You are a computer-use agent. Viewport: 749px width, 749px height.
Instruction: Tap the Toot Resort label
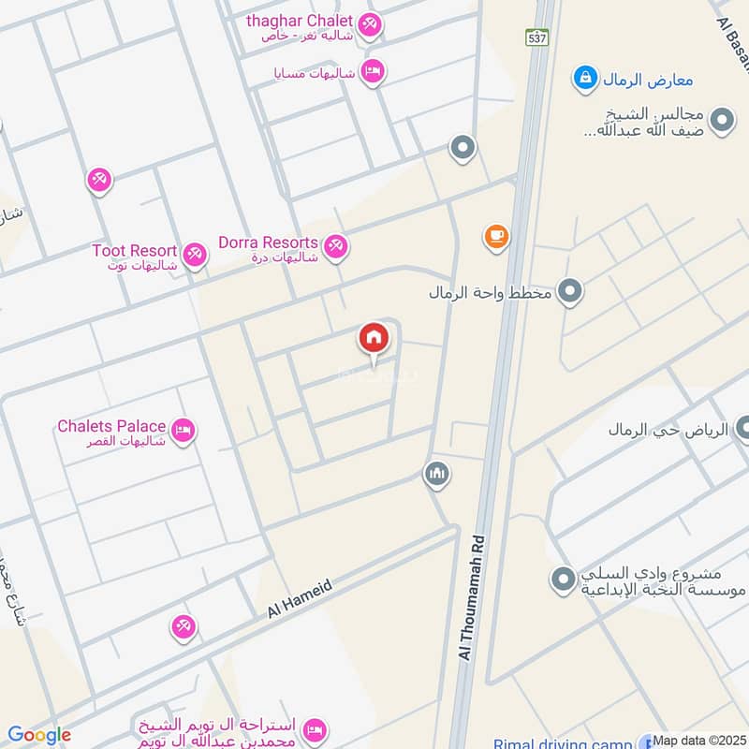pos(135,251)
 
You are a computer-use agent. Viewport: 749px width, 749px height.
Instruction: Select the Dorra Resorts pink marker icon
pos(336,246)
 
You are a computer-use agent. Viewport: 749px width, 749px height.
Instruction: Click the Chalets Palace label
pos(111,427)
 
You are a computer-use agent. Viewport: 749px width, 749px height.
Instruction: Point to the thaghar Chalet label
pos(300,21)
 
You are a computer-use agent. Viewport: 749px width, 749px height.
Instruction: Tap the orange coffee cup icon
pos(496,237)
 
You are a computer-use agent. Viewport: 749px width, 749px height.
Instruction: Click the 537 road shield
pos(536,38)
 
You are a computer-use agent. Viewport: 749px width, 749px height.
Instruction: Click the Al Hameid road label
pos(300,597)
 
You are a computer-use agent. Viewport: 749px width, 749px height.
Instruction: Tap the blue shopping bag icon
pos(584,78)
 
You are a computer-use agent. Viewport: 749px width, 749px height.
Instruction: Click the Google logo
pos(38,735)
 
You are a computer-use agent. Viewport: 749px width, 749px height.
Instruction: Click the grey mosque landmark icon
pos(436,475)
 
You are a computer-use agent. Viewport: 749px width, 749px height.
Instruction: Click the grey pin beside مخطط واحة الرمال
pos(569,292)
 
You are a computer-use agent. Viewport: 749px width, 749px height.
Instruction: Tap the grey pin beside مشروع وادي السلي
pos(562,580)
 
